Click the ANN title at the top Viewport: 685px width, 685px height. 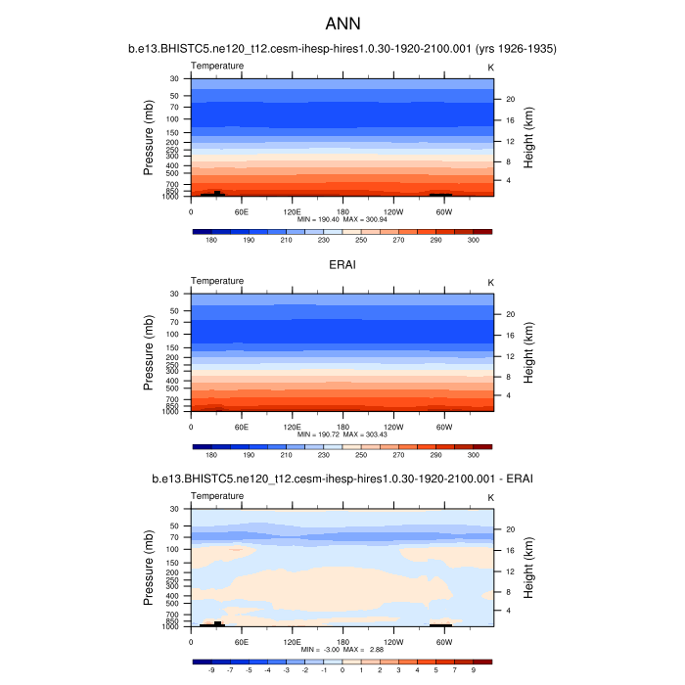point(342,23)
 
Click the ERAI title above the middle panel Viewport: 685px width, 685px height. point(342,263)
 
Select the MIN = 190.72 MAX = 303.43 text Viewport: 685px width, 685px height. point(342,434)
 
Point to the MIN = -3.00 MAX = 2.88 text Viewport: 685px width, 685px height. point(342,649)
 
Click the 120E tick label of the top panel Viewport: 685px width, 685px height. point(292,210)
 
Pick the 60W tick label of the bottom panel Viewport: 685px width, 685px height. point(443,642)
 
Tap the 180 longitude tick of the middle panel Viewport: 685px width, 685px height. point(342,426)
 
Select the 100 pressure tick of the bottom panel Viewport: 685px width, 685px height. point(172,549)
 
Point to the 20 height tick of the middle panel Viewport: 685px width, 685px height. point(510,315)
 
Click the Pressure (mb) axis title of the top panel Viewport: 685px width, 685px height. point(149,137)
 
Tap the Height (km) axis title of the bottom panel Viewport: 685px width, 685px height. point(528,568)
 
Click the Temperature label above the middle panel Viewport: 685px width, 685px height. point(217,281)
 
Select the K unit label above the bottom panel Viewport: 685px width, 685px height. point(490,497)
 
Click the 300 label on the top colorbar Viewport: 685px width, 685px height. point(474,240)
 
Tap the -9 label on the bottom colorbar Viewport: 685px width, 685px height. point(211,671)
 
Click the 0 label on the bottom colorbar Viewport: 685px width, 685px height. point(342,671)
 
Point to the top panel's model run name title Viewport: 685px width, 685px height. point(342,48)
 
